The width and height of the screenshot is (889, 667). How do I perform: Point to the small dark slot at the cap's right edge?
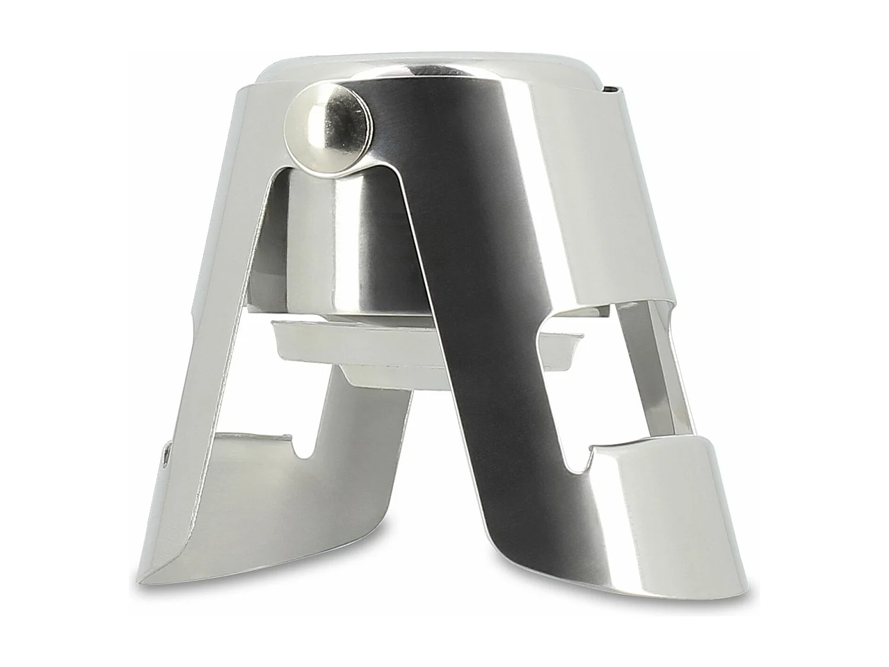[x=610, y=90]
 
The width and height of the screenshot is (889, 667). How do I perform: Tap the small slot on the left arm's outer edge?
[x=167, y=456]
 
